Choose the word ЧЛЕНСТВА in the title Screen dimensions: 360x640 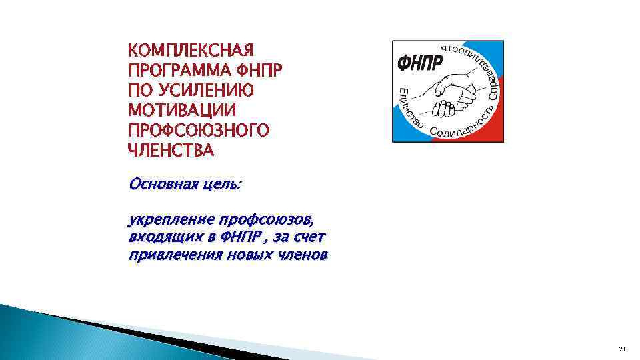[171, 150]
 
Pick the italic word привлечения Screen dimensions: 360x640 [167, 255]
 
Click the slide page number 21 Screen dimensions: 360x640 [623, 348]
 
